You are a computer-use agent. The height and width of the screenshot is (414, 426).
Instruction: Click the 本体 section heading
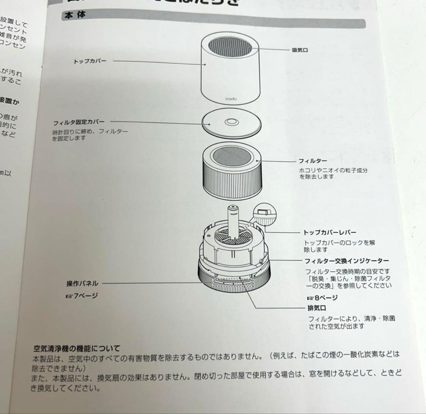pyautogui.click(x=75, y=15)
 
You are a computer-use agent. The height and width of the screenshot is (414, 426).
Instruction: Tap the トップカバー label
pyautogui.click(x=90, y=62)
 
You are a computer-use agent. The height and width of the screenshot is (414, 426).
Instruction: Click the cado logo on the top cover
pyautogui.click(x=231, y=99)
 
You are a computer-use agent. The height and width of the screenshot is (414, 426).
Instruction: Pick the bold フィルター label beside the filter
pyautogui.click(x=312, y=161)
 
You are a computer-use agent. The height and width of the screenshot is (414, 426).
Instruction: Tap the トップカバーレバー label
pyautogui.click(x=329, y=233)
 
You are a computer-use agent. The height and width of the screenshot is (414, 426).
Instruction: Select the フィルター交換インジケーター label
pyautogui.click(x=347, y=261)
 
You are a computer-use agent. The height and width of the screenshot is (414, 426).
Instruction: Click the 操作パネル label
pyautogui.click(x=82, y=283)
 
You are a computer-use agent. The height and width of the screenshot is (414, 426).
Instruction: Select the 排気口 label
pyautogui.click(x=316, y=308)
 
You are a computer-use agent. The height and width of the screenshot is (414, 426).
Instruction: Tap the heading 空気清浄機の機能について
pyautogui.click(x=77, y=349)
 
